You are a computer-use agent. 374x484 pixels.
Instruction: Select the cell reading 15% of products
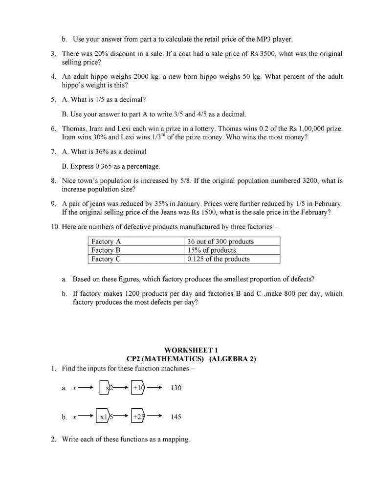point(211,250)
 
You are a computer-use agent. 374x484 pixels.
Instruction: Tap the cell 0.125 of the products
point(218,259)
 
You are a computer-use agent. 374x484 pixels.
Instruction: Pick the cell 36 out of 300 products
point(220,242)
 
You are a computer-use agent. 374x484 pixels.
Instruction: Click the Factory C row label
point(106,259)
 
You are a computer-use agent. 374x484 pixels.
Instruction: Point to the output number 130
point(176,388)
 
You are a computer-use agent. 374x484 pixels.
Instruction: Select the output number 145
point(176,418)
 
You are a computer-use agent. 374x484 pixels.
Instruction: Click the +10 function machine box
point(138,388)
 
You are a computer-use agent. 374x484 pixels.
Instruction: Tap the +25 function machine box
point(138,417)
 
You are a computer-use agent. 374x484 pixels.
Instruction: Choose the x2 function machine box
point(106,388)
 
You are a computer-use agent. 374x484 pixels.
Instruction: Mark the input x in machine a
point(74,388)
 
